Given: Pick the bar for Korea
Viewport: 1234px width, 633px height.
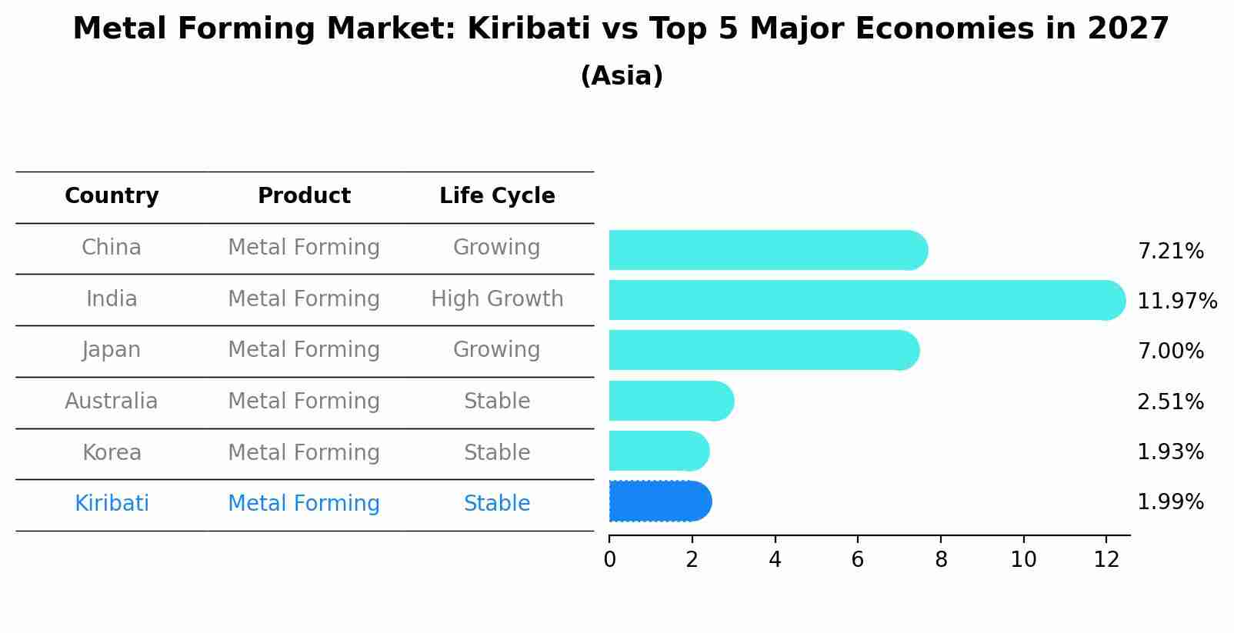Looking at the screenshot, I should click(x=659, y=451).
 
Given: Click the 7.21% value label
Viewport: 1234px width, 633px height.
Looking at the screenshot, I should click(x=1170, y=252).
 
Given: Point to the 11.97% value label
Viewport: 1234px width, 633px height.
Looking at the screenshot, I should click(x=1176, y=301).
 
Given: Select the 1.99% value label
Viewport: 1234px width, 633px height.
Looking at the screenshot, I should click(x=1170, y=502).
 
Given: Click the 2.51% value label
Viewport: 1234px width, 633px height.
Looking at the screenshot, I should click(x=1170, y=401).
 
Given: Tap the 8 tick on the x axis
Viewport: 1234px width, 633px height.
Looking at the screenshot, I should click(x=941, y=560).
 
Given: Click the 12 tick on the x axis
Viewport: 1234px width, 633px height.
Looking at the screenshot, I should click(x=1106, y=560).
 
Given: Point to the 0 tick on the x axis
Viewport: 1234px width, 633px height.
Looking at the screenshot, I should click(x=609, y=560).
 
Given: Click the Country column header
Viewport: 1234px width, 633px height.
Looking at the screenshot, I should click(x=112, y=196).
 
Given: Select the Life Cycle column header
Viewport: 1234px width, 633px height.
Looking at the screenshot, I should click(x=497, y=196).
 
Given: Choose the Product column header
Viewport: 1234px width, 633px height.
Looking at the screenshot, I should click(x=304, y=196).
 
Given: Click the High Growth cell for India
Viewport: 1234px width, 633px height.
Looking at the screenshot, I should click(x=497, y=299).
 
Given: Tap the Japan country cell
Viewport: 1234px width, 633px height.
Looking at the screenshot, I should click(x=112, y=350).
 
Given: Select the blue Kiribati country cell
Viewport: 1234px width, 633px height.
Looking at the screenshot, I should click(x=112, y=504).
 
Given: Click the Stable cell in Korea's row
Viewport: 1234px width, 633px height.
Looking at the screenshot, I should click(x=497, y=452).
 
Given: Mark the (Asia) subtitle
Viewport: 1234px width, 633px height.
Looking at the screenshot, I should click(x=622, y=76).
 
